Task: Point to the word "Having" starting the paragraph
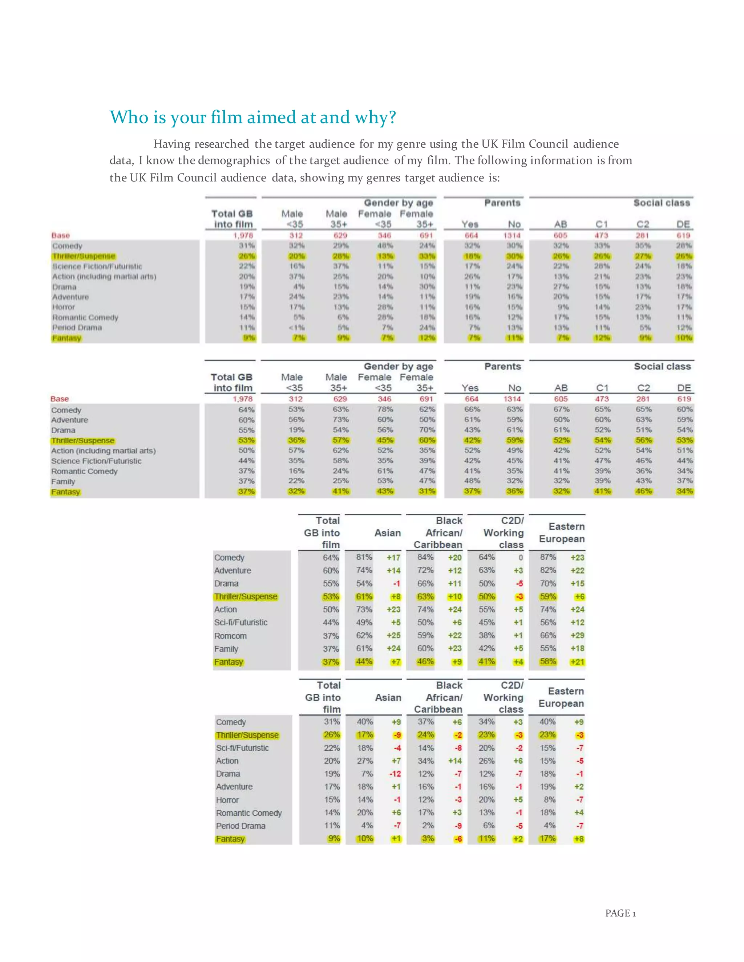[x=172, y=144]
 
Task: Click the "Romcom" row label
[x=230, y=636]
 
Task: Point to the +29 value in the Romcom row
[x=577, y=635]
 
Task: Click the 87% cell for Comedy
[x=548, y=557]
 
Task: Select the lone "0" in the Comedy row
[x=521, y=558]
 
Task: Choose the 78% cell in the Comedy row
[x=384, y=409]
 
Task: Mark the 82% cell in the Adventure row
[x=548, y=570]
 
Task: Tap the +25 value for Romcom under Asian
[x=393, y=635]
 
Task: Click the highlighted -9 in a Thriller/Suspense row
[x=396, y=735]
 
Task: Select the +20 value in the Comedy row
[x=454, y=557]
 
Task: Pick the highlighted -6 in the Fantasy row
[x=458, y=839]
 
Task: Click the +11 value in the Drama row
[x=454, y=583]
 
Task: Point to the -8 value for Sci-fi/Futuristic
[x=458, y=747]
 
